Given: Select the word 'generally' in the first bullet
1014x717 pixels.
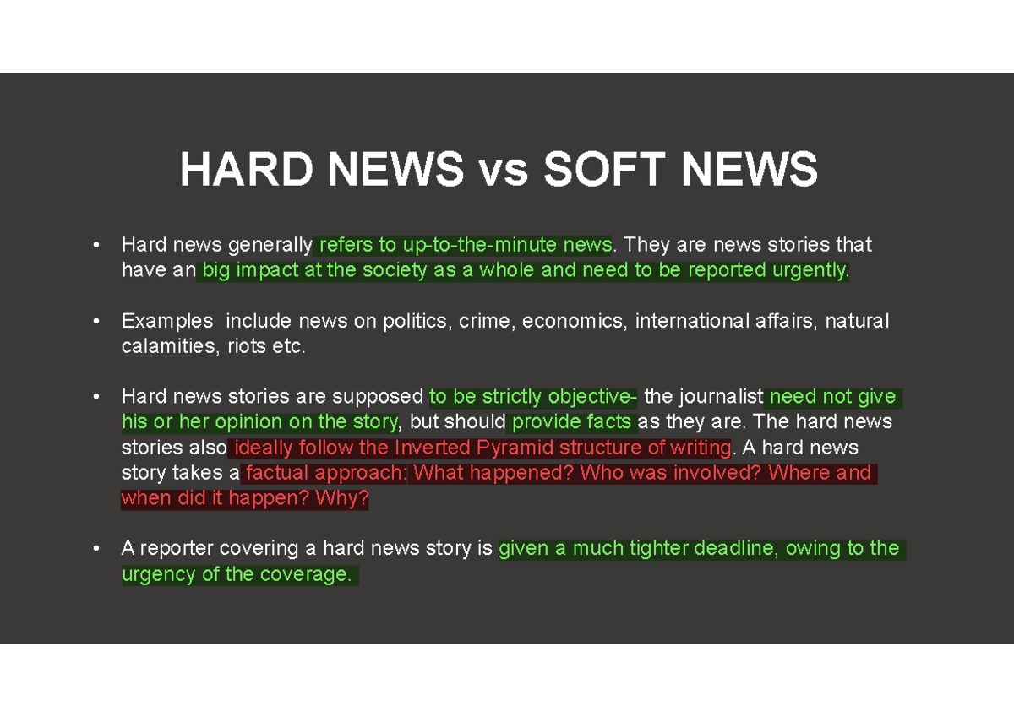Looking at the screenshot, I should tap(270, 245).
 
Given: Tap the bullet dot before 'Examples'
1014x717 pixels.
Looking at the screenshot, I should tap(97, 322).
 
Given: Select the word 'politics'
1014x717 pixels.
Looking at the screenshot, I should tap(415, 321).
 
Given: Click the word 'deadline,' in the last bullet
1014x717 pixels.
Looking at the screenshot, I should tap(735, 549).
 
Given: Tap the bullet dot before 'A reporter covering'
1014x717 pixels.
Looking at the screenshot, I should tap(97, 550).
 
